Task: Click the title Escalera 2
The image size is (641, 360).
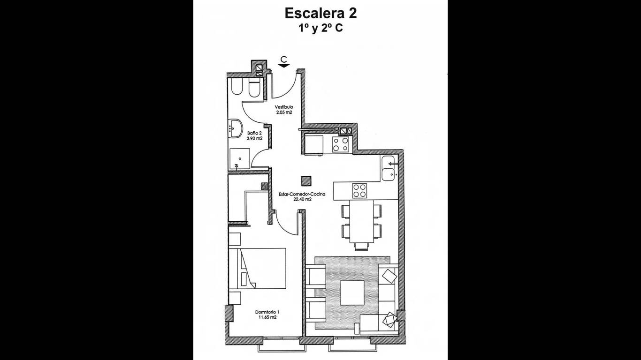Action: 320,14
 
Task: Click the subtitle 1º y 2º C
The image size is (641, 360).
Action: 320,28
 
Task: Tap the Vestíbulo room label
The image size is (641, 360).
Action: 284,107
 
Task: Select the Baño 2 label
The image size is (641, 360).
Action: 254,133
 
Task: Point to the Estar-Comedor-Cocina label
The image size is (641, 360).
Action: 302,194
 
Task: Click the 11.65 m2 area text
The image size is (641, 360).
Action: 267,317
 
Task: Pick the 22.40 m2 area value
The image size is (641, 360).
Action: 302,200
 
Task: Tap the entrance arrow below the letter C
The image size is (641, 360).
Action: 283,66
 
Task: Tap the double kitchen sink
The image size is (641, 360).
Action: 389,168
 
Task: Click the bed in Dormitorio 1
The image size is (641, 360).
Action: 257,268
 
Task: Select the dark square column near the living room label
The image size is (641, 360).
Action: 306,181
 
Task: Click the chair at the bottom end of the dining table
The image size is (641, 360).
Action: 361,247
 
